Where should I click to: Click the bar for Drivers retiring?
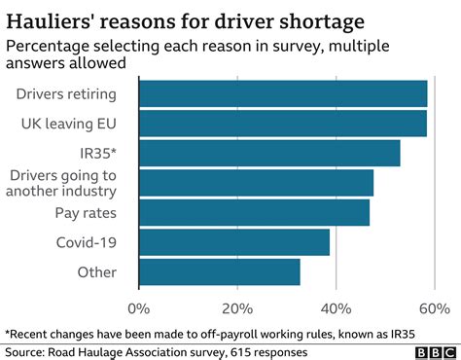[283, 93]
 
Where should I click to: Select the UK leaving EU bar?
[283, 124]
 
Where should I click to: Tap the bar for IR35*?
[269, 154]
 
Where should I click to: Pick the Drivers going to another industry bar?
[257, 183]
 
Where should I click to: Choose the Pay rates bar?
[255, 212]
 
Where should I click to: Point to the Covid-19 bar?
[234, 242]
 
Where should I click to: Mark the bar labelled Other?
[220, 272]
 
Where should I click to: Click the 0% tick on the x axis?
[139, 309]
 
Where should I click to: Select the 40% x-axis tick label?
[336, 309]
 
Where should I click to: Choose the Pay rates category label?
[87, 213]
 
